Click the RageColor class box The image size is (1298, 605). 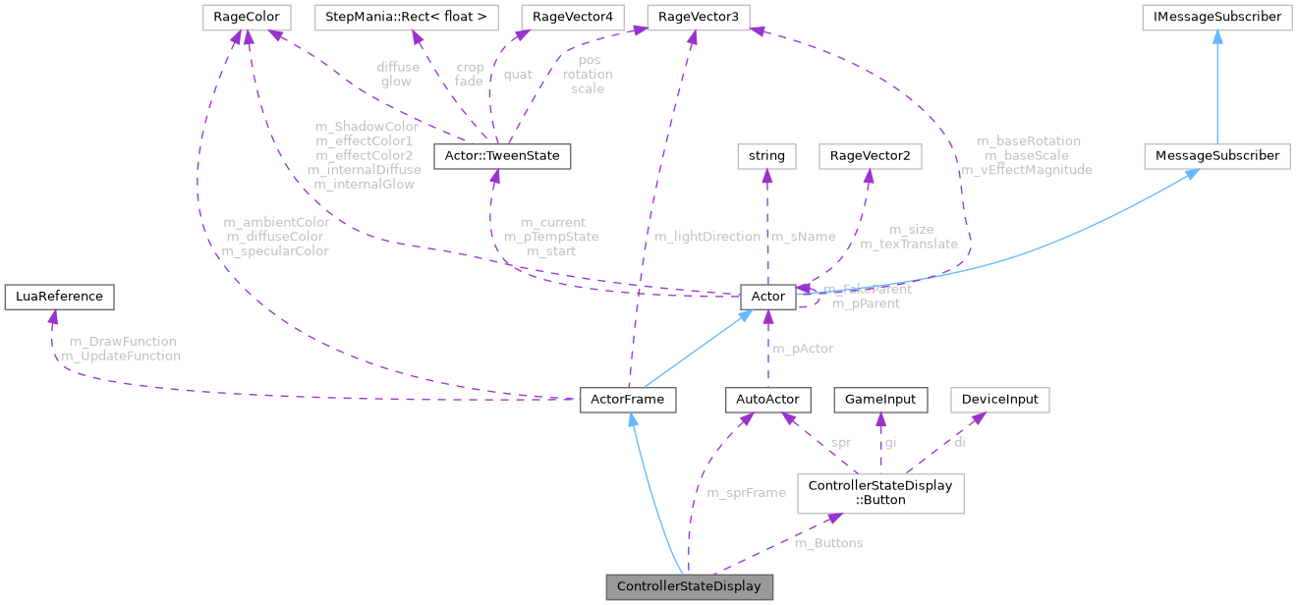[x=241, y=17]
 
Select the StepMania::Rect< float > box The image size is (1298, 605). [x=406, y=17]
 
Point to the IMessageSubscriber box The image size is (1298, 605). [x=1217, y=17]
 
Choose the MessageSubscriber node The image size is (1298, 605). [x=1217, y=155]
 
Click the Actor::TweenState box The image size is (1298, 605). [x=496, y=155]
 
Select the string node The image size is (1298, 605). [x=766, y=155]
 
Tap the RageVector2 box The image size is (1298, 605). [x=870, y=155]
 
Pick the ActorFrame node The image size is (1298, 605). [x=628, y=399]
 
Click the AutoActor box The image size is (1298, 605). [x=768, y=399]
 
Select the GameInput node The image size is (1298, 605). [x=881, y=399]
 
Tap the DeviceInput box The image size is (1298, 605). [x=1000, y=399]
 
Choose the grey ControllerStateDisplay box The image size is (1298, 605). [x=690, y=587]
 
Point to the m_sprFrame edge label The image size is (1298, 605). [x=746, y=492]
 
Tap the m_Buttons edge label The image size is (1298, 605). [x=828, y=542]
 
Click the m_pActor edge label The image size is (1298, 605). [x=803, y=349]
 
